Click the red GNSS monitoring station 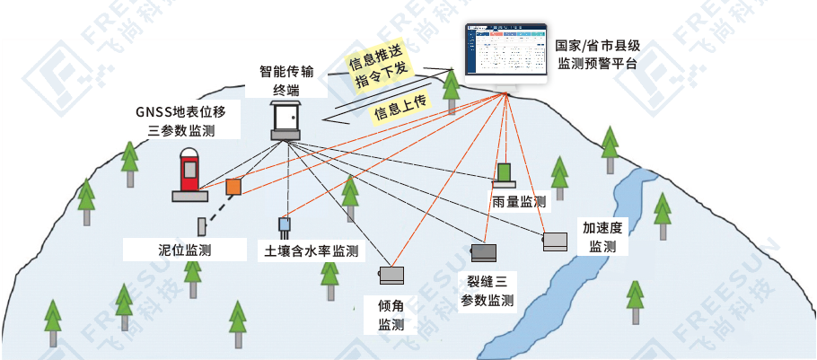[189, 171]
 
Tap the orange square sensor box [233, 187]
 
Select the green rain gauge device [505, 172]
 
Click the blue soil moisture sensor [285, 224]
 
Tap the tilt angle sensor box [392, 274]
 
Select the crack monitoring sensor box [484, 252]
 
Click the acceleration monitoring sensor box [555, 241]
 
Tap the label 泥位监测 [184, 249]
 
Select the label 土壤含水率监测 [309, 250]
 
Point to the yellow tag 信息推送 [380, 61]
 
